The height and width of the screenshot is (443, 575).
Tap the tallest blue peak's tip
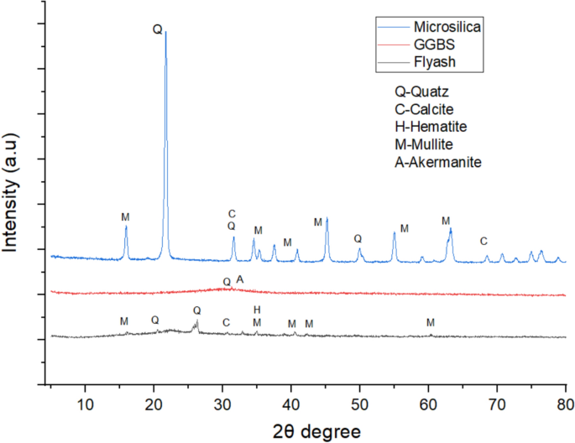pos(165,32)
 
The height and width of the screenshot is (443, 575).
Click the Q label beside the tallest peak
pos(157,29)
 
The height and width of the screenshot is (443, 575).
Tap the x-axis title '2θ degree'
pos(315,430)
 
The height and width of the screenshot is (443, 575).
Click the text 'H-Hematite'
pos(430,127)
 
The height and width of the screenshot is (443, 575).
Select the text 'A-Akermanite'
pos(437,162)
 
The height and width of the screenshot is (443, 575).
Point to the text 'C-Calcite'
pos(426,109)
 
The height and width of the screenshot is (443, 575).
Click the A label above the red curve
pos(240,279)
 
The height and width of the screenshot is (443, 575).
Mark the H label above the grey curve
pos(257,310)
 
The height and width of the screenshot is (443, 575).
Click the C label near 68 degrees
pos(484,242)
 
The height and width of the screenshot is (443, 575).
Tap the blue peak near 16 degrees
pos(126,227)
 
